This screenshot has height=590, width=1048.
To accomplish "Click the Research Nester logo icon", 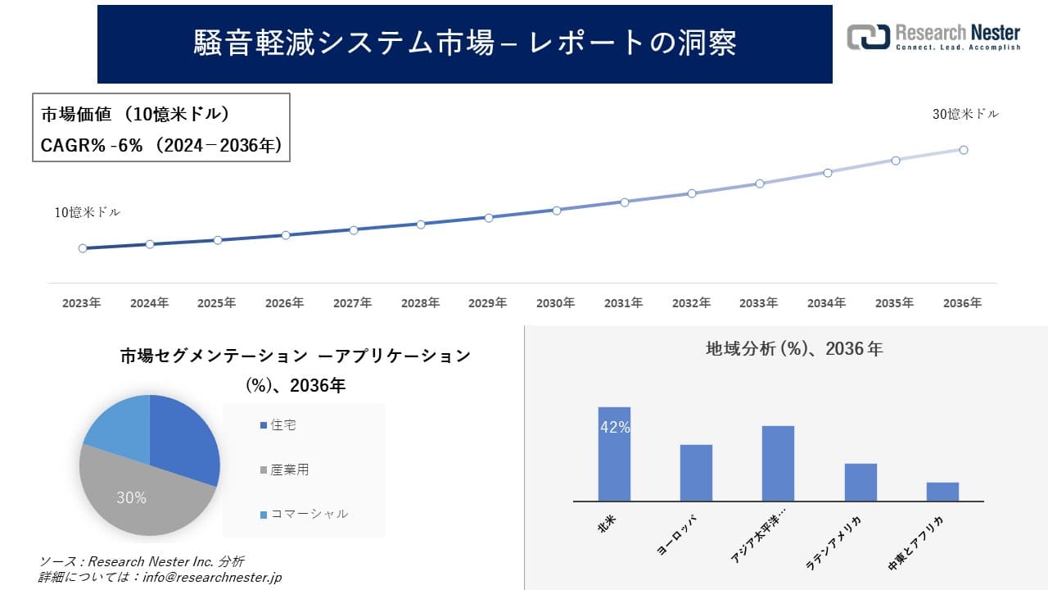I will coord(868,37).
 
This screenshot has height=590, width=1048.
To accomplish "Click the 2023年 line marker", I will coord(83,248).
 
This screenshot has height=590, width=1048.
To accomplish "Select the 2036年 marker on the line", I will coord(964,150).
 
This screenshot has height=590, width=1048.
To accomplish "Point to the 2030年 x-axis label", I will coord(555,303).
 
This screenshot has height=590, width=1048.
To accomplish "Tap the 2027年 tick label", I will coord(352,303).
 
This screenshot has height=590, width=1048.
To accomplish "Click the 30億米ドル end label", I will coord(965,115).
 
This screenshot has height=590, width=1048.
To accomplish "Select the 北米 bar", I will coord(614,453).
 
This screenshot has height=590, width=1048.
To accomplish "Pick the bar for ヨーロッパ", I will coord(696,473).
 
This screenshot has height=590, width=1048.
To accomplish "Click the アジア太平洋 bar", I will coord(778,463).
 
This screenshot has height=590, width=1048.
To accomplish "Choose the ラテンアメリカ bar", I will coord(861,482).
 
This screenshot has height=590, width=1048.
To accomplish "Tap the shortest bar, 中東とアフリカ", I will coord(942,492).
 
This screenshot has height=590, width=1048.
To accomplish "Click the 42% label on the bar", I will coord(615,427).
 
